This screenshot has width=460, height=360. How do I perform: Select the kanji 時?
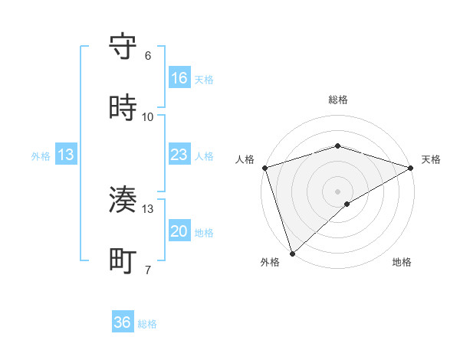123,109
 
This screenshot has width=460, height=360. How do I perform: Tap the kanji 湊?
123,201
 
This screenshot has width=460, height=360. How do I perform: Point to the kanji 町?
123,261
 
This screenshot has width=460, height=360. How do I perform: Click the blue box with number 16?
179,78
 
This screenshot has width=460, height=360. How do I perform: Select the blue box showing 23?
179,155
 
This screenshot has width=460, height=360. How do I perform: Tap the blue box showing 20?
179,231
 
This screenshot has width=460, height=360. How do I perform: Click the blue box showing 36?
123,322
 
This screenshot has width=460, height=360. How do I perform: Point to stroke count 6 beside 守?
148,56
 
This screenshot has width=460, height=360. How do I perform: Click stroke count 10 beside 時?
148,117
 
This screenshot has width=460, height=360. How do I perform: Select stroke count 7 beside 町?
148,270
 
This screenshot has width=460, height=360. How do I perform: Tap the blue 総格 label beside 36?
147,324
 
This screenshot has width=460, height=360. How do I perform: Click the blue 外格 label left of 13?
41,156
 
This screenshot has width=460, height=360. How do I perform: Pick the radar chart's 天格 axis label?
431,159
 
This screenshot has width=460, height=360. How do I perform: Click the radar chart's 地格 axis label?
402,263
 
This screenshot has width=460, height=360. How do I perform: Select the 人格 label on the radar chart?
245,159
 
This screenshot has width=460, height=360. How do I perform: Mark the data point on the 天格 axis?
411,167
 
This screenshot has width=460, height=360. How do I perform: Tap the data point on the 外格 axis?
292,253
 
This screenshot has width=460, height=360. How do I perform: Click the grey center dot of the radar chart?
337,191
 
